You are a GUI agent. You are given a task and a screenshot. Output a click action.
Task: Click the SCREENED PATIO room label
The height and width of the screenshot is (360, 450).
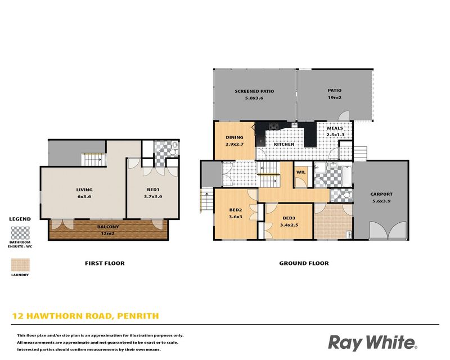(x=254, y=91)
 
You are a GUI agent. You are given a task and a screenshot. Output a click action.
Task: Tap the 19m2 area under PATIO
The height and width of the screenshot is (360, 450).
(x=335, y=98)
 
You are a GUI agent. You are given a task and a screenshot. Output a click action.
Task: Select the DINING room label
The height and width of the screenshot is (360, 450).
(x=235, y=137)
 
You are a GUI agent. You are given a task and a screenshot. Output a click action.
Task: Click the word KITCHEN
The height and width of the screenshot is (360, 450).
(x=284, y=144)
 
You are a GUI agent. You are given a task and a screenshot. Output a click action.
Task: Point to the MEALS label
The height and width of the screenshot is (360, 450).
(x=335, y=128)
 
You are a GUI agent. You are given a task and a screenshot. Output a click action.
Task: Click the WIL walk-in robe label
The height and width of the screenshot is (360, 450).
(x=301, y=172)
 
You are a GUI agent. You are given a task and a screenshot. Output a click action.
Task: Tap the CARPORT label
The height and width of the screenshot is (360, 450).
(x=381, y=194)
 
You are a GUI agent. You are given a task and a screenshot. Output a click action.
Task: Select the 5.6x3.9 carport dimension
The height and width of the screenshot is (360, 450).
(x=381, y=201)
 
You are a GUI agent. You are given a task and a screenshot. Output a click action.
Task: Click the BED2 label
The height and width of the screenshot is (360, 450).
(x=236, y=210)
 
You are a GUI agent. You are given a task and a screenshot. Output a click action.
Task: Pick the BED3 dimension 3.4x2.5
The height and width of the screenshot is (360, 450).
(x=289, y=225)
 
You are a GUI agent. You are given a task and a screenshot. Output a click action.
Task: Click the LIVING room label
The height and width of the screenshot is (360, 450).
(x=84, y=190)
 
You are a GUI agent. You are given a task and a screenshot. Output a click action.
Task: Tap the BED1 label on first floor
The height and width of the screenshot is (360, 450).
(x=153, y=190)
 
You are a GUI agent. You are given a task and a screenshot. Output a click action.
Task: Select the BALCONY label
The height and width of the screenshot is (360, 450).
(x=108, y=227)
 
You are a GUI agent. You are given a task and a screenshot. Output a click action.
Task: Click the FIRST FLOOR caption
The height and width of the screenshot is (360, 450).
(x=105, y=263)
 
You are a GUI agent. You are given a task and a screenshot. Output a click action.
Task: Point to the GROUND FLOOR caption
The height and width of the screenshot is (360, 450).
(x=304, y=263)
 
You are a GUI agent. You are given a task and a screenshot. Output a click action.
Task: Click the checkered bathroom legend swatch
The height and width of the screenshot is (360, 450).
(x=20, y=233)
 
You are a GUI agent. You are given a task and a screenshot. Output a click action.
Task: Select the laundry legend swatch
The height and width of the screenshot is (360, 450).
(x=20, y=265)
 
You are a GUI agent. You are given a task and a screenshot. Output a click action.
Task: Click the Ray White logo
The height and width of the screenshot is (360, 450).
(x=373, y=343)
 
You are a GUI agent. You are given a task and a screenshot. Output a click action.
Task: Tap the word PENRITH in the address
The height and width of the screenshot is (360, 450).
(x=138, y=316)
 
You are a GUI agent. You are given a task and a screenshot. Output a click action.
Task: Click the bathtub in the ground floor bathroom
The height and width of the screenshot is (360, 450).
(x=347, y=175)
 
